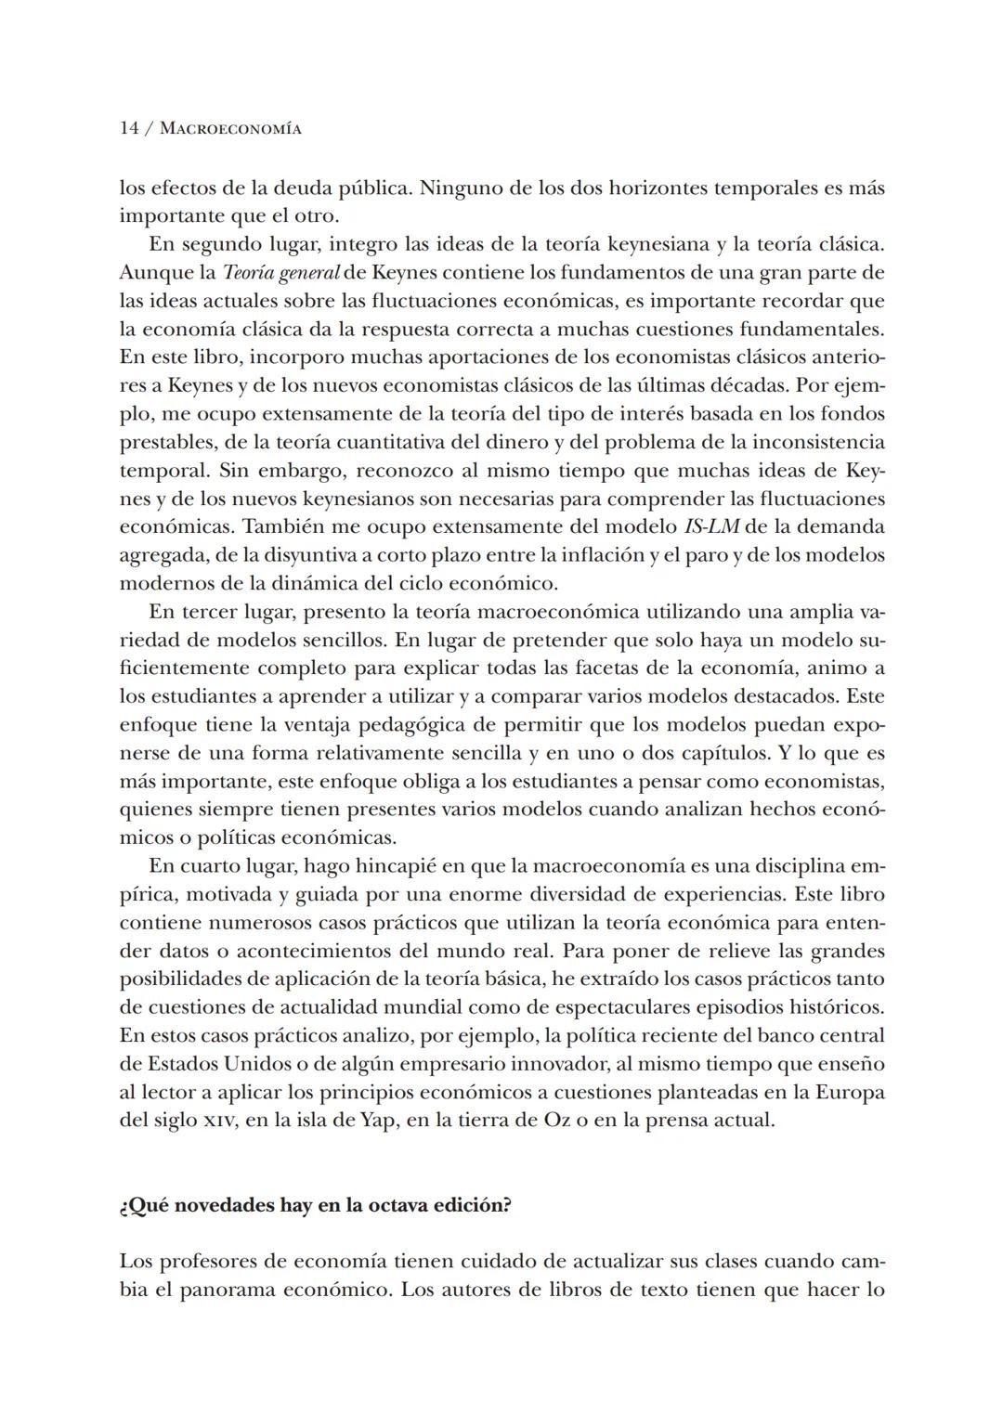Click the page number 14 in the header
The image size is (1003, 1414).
point(129,129)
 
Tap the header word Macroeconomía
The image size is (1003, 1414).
point(230,129)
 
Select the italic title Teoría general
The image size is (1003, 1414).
point(280,273)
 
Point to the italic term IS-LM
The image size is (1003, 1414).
point(711,527)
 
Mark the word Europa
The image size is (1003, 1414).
point(850,1092)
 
